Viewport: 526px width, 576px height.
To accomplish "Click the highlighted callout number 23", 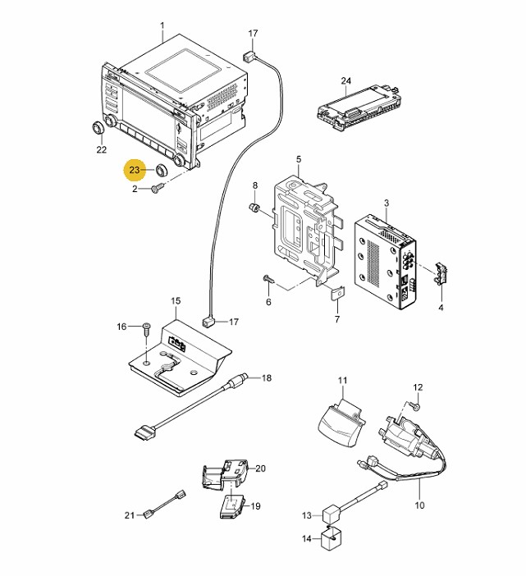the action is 135,170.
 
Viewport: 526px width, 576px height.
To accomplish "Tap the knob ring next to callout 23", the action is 161,170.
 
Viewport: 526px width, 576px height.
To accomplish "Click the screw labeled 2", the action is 158,189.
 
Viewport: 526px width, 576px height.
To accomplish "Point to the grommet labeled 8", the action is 254,208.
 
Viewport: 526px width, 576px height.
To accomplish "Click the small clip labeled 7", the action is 337,293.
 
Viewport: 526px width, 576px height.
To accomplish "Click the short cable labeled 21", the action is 164,504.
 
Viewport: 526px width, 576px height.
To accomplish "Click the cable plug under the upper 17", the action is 248,57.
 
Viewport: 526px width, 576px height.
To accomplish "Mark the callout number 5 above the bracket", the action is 298,159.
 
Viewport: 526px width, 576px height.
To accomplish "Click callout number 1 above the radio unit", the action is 162,26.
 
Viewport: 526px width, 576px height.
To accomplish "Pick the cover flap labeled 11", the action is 341,423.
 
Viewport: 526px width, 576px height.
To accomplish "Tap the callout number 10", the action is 419,505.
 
